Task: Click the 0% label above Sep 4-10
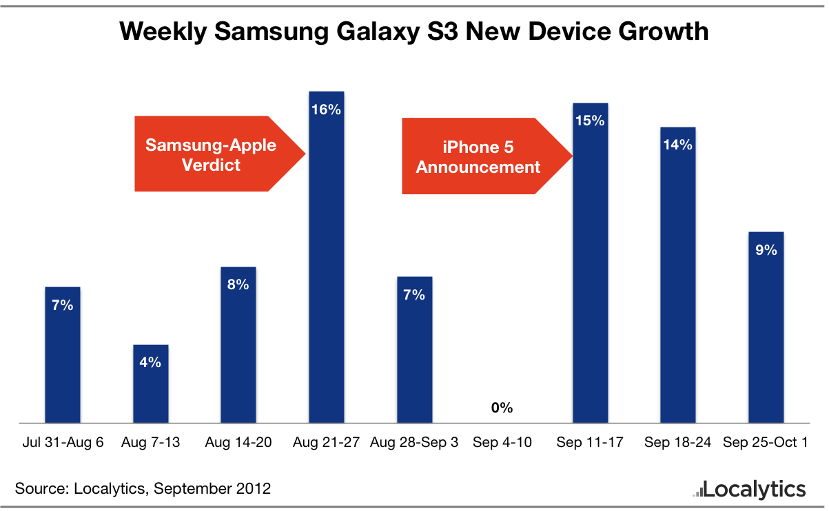(x=502, y=408)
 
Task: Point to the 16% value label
(x=327, y=109)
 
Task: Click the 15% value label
(x=590, y=121)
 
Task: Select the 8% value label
(x=238, y=284)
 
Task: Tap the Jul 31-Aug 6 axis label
(x=62, y=442)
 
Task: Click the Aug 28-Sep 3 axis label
(x=414, y=442)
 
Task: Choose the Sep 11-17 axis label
(x=590, y=442)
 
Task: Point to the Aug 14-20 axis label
(x=238, y=442)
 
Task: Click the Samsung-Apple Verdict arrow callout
(x=214, y=154)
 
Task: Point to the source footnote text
(x=143, y=489)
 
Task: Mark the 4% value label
(x=150, y=362)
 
